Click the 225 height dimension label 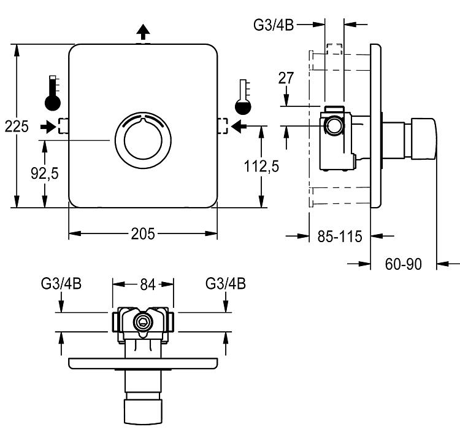pos(16,127)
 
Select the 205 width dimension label pos(142,234)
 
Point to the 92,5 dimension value pos(44,174)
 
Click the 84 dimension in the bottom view pos(147,284)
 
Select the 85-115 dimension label pos(340,235)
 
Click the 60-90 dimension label pos(404,264)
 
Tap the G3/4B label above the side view pos(274,25)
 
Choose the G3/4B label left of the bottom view pos(61,284)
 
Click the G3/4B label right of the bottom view pos(226,284)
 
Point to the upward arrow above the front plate pos(142,31)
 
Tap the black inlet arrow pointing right pos(47,127)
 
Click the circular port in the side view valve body pos(334,127)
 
